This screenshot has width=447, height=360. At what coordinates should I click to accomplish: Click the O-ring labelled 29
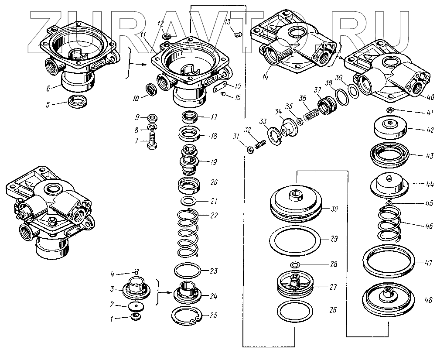point(296,239)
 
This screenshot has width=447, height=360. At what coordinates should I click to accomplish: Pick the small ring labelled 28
point(295,264)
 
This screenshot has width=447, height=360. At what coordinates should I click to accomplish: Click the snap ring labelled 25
point(186,315)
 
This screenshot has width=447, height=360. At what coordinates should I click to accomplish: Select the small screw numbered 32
point(261,144)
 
